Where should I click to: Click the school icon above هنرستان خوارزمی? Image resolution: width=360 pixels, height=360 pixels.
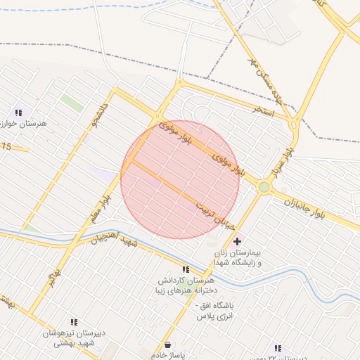point(19,112)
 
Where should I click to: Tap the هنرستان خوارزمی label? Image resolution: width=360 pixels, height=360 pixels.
point(22,124)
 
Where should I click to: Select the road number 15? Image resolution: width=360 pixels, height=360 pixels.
point(7,146)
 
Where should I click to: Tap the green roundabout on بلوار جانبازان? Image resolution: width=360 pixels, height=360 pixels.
point(264,187)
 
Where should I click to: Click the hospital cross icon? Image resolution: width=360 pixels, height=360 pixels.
point(236,242)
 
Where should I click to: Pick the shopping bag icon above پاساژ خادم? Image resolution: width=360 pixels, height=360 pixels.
point(167,345)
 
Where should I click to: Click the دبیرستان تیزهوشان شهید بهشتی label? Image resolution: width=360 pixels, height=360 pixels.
point(75,337)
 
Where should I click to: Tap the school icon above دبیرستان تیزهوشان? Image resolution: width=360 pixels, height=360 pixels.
point(75,322)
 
